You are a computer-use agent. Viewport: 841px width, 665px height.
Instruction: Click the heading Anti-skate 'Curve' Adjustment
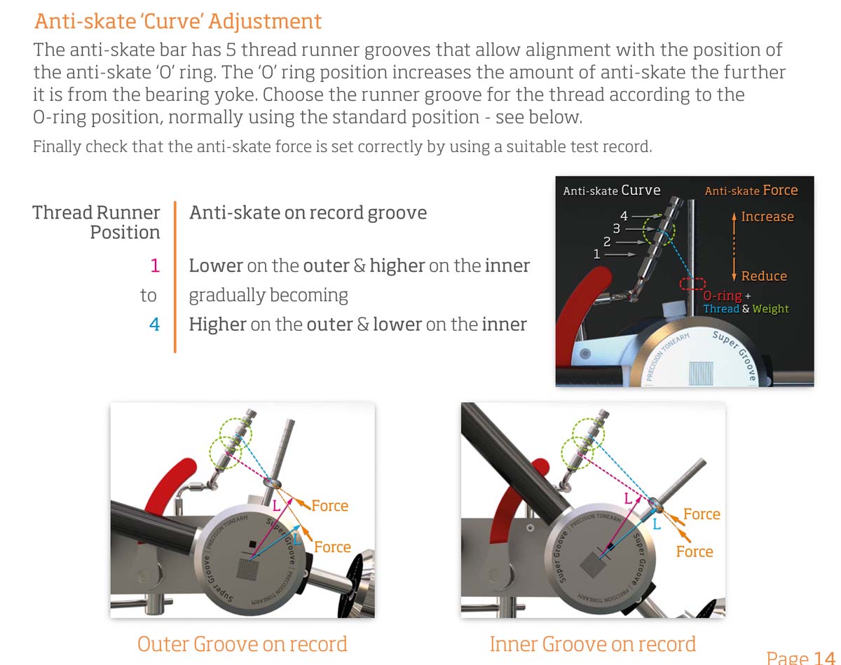(178, 22)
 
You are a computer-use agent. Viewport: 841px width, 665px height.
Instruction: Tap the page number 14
(824, 657)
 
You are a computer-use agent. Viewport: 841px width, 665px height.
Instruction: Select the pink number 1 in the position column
(155, 266)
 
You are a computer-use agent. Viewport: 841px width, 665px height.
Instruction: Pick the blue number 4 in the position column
(155, 324)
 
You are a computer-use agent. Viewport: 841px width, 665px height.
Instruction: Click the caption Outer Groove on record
(242, 644)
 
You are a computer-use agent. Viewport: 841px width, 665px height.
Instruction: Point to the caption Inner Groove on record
(593, 644)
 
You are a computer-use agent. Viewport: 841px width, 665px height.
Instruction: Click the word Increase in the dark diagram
(767, 217)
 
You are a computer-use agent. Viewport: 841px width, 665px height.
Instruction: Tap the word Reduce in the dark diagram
(765, 276)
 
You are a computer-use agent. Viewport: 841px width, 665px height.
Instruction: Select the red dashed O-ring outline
(692, 284)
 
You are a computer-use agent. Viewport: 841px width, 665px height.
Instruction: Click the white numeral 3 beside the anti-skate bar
(617, 228)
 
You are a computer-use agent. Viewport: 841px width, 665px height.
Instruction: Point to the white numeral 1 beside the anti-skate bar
(596, 254)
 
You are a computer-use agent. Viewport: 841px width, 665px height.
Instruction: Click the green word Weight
(770, 308)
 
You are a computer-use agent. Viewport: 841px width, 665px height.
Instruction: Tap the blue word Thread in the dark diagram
(721, 308)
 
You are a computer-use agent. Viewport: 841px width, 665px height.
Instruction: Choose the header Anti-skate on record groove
(308, 213)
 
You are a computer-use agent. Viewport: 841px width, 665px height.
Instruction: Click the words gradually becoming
(268, 296)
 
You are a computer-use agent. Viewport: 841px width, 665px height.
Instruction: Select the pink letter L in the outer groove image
(277, 506)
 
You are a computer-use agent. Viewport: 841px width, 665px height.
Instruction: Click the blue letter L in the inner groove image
(657, 524)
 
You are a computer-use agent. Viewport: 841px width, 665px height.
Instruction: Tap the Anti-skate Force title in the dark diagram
(751, 191)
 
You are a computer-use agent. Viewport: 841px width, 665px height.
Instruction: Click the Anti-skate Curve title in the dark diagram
(612, 191)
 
